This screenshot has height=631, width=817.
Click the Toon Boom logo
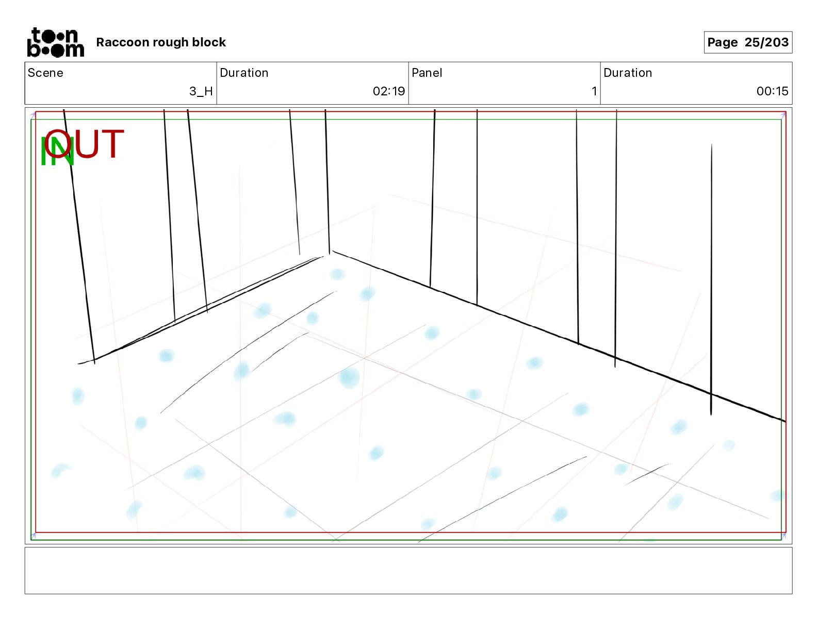pyautogui.click(x=55, y=42)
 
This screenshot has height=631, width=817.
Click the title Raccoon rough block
pyautogui.click(x=161, y=42)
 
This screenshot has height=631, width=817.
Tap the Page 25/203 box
pyautogui.click(x=747, y=42)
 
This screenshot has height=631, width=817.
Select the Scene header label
pyautogui.click(x=45, y=73)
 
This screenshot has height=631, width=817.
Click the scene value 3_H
pyautogui.click(x=201, y=91)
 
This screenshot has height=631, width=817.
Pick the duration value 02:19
pyautogui.click(x=388, y=91)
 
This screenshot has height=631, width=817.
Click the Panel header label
pyautogui.click(x=427, y=73)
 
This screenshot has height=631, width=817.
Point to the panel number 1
pyautogui.click(x=594, y=91)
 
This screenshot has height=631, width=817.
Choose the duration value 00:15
pyautogui.click(x=772, y=91)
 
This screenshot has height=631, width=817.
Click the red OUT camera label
pyautogui.click(x=84, y=144)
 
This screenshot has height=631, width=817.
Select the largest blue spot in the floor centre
pyautogui.click(x=349, y=377)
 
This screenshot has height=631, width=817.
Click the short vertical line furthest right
pyautogui.click(x=711, y=278)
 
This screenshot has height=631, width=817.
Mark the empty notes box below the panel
pyautogui.click(x=408, y=570)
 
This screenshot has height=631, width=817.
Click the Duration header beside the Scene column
pyautogui.click(x=244, y=73)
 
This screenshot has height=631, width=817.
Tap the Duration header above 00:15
pyautogui.click(x=627, y=73)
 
